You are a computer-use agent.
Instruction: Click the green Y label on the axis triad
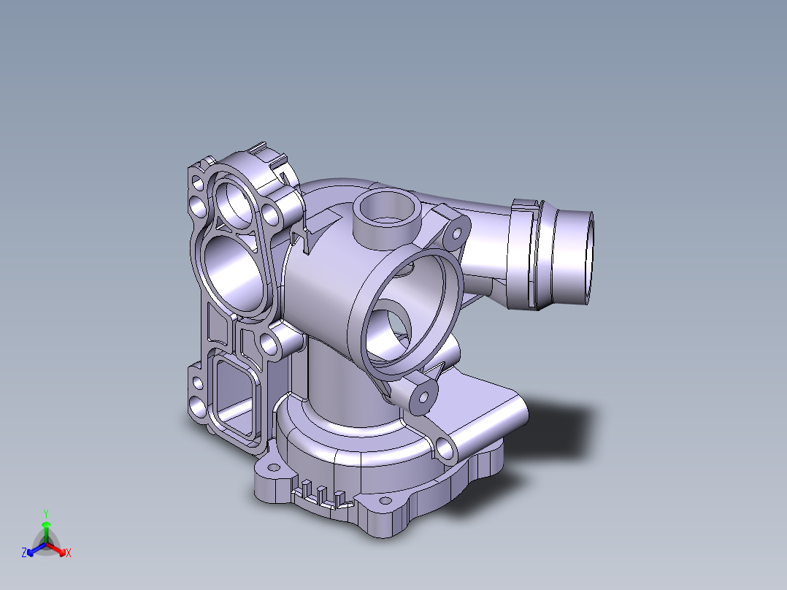pos(46,513)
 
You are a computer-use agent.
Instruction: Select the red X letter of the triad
pos(68,553)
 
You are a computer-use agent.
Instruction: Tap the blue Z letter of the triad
pos(24,553)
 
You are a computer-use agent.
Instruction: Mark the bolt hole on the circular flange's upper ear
pos(457,234)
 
